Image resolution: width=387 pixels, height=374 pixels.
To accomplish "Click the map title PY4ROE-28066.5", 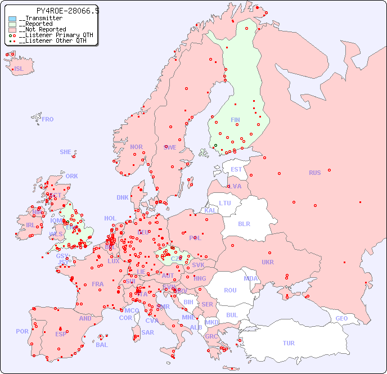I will click(67, 11).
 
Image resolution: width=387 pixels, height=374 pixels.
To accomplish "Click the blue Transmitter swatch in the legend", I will click(12, 19).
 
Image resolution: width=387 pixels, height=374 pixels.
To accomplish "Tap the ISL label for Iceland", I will click(19, 69).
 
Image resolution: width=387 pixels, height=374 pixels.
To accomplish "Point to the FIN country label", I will click(235, 120).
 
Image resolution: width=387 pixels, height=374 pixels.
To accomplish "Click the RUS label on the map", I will click(314, 173).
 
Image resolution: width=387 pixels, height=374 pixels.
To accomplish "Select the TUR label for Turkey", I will click(289, 343).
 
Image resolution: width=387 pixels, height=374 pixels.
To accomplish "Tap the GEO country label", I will click(341, 318).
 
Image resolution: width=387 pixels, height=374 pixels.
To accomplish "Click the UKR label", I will click(268, 262).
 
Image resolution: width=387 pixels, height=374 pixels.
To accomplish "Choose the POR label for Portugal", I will click(22, 331).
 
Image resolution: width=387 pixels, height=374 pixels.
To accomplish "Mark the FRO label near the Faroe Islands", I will click(48, 119).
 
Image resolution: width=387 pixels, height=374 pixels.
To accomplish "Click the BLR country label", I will click(244, 223).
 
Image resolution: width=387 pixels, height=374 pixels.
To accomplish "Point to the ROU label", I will click(230, 290).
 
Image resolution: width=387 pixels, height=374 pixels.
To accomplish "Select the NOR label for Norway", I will click(136, 147).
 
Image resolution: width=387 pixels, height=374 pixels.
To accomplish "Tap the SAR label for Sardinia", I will click(148, 332).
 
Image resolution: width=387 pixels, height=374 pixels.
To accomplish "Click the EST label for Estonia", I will click(236, 169).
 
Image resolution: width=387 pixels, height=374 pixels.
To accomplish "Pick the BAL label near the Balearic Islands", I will click(102, 345).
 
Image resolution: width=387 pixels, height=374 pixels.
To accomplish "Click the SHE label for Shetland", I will click(66, 152).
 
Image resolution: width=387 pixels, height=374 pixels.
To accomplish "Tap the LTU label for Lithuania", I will click(225, 203).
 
